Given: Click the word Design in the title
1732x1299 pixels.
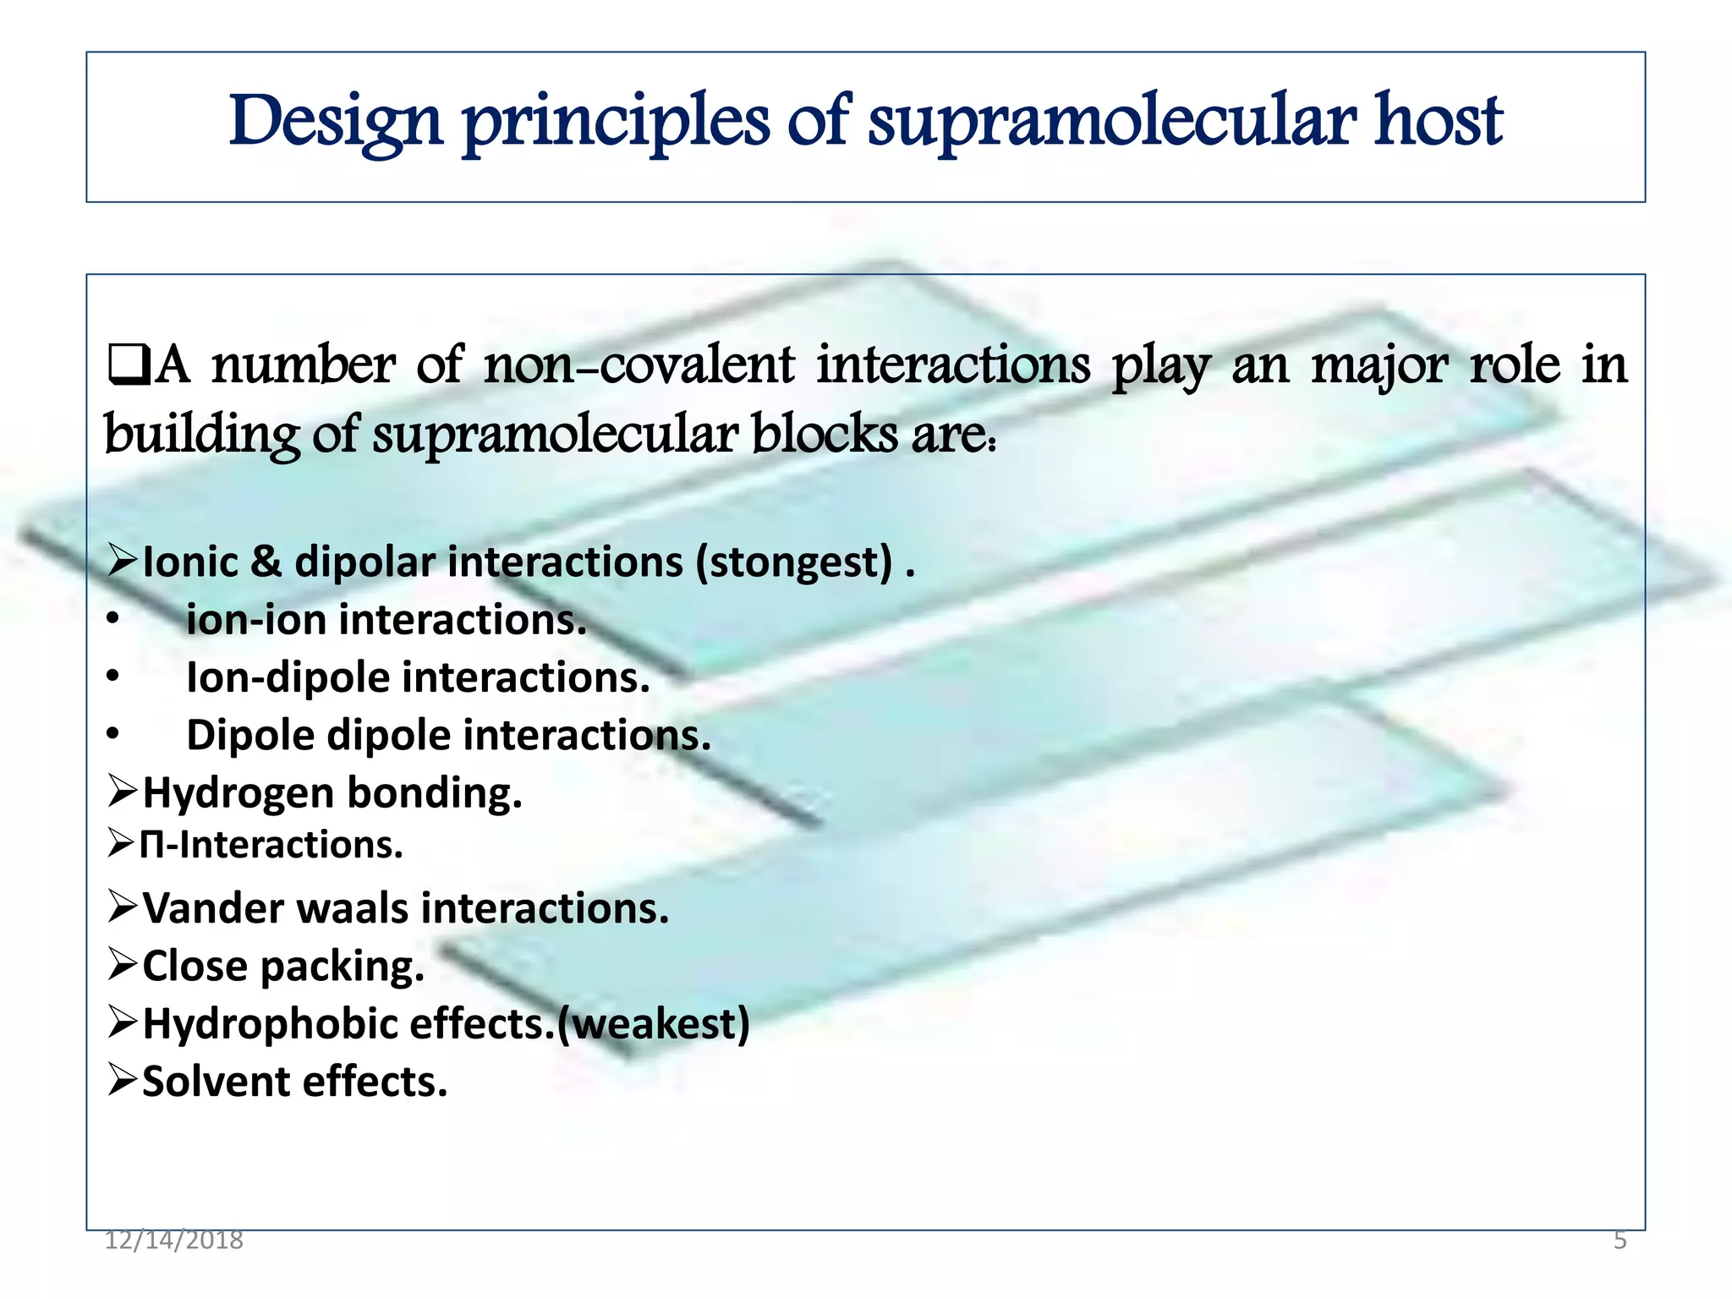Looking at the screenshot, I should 336,122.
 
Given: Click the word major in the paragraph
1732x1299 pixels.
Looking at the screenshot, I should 1380,365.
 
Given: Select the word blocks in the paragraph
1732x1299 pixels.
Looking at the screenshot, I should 824,435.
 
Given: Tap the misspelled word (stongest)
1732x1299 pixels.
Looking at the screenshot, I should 793,562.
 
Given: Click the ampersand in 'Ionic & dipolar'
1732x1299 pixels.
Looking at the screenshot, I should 266,562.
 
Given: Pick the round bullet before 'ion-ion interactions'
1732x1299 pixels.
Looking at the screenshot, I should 113,620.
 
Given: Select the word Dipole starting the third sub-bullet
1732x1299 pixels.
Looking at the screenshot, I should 250,735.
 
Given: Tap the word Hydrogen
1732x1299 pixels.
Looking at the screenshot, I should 238,793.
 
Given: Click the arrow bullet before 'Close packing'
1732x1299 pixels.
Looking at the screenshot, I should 123,965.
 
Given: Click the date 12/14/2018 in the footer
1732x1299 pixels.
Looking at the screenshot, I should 173,1240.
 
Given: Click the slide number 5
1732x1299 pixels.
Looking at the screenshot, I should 1620,1240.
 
